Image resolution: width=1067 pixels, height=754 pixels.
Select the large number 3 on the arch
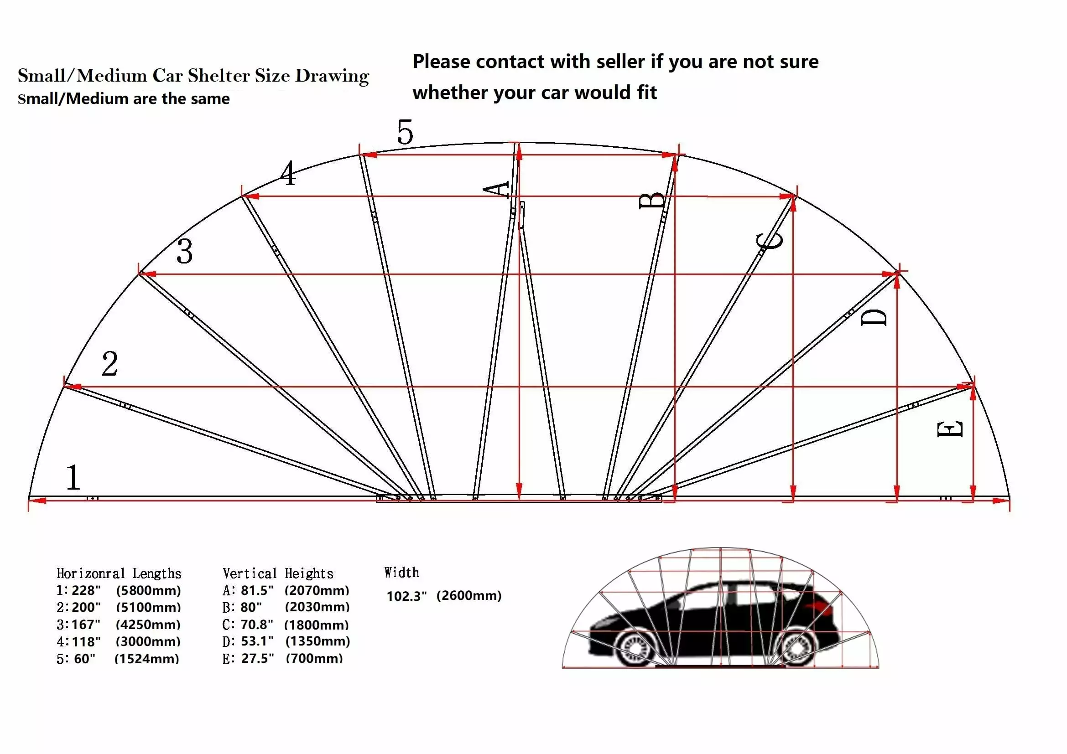pos(184,252)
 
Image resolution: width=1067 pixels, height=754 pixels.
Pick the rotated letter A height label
pos(497,190)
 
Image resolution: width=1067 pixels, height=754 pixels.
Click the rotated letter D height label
pos(874,318)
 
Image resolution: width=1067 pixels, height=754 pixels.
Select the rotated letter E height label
pos(950,429)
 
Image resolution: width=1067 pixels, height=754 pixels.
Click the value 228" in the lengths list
pos(86,590)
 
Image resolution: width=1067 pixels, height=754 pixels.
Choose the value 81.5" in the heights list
pos(257,590)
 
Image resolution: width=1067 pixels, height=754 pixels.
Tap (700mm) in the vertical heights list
pos(314,658)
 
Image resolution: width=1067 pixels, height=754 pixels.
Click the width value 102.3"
pos(406,596)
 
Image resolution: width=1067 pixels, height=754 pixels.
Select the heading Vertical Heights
pos(278,573)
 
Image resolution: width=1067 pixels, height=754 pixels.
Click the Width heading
pos(401,573)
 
